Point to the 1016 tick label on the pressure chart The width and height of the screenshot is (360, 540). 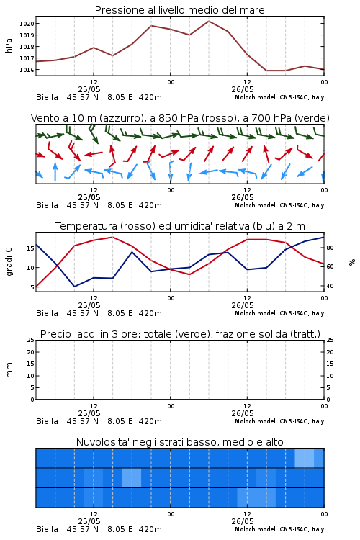[27, 70]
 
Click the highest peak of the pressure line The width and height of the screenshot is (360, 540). [209, 21]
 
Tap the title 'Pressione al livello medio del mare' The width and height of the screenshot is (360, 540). [179, 10]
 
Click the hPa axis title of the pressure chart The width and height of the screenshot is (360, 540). [9, 45]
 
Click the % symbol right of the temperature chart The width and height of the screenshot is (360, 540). [352, 262]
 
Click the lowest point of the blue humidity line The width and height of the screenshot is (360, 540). [74, 287]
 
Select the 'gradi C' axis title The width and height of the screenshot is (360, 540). [9, 261]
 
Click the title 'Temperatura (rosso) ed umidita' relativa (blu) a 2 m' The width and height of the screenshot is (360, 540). [180, 226]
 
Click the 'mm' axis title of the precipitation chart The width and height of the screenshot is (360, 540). [9, 370]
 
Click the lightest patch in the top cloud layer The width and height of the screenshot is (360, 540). [305, 458]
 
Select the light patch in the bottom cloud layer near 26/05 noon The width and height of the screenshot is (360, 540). [256, 498]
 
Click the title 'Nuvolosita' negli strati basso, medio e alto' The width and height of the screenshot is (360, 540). [180, 442]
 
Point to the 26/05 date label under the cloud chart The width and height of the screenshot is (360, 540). [243, 521]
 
